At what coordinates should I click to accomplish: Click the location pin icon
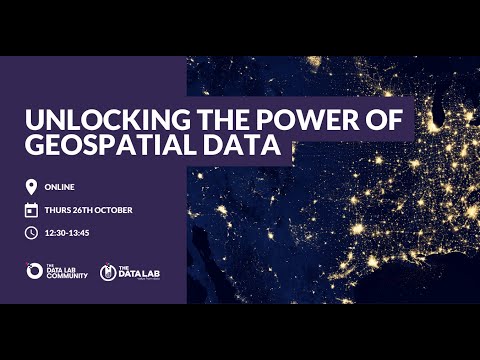tap(31, 187)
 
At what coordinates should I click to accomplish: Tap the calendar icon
tap(31, 210)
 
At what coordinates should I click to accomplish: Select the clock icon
tap(31, 233)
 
